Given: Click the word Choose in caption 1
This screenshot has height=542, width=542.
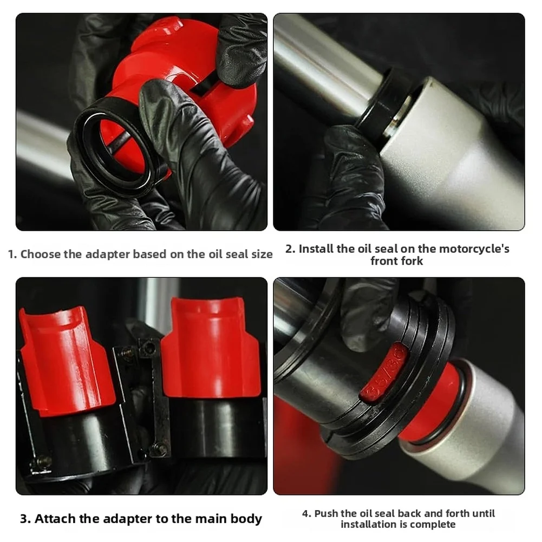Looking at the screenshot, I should (x=40, y=254).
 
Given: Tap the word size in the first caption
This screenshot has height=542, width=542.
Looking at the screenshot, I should (x=259, y=254).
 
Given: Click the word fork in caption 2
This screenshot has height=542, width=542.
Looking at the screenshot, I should (x=412, y=261).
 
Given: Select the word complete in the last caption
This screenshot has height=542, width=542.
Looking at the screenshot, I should (x=433, y=524).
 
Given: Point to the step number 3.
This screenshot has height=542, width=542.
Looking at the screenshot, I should (x=24, y=518).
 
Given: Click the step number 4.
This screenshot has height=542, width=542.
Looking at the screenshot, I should (x=305, y=513).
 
